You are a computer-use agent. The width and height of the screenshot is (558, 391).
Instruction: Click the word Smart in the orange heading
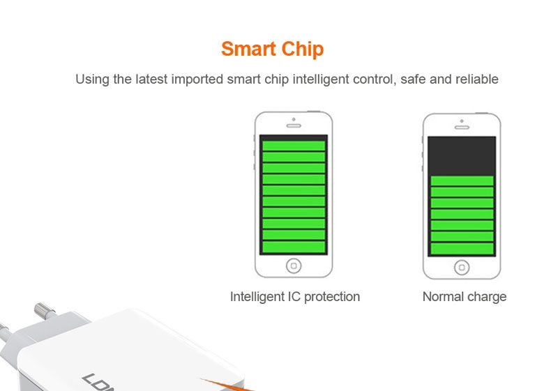248,49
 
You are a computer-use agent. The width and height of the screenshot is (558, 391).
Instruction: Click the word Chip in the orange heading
303,49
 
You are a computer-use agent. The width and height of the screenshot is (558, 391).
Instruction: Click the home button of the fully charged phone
294,266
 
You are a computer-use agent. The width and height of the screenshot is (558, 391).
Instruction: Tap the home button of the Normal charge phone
462,268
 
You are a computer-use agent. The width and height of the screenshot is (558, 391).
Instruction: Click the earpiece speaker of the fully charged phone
294,125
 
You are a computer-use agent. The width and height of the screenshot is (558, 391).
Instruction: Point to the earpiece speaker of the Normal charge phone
462,127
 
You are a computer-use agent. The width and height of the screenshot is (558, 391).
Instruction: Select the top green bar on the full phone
294,146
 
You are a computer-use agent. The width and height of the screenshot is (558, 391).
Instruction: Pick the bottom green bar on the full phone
294,247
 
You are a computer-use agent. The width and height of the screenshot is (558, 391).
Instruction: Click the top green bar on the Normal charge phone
462,181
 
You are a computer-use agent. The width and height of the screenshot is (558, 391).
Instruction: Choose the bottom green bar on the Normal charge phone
462,248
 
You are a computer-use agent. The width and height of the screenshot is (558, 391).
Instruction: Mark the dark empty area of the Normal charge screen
462,156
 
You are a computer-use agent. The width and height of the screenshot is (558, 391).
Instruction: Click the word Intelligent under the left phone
257,297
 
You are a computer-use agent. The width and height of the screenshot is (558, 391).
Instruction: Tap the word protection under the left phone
332,297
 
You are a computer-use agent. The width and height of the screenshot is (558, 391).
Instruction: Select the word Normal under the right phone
443,296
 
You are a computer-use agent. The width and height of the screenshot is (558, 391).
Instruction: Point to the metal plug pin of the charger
44,311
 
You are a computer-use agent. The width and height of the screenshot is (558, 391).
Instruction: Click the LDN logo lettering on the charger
98,383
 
